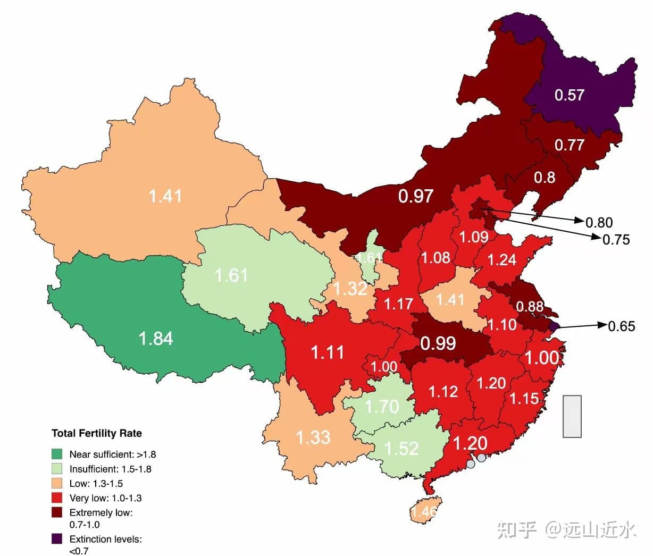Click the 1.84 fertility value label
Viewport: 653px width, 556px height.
[156, 339]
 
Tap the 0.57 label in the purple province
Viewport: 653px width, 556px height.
[570, 95]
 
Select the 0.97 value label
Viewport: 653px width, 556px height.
[416, 196]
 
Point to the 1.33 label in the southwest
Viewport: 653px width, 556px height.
[313, 437]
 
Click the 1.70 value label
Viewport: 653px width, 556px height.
[382, 407]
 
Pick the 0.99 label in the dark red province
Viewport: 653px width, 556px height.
[438, 343]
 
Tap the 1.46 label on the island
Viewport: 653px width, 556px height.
[424, 512]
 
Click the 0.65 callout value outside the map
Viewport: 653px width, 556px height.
[622, 326]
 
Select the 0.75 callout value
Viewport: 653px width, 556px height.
[616, 240]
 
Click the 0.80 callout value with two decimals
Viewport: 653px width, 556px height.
[599, 223]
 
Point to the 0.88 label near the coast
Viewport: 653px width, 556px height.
[530, 307]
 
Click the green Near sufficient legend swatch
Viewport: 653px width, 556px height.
[57, 454]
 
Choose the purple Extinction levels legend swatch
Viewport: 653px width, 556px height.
[57, 539]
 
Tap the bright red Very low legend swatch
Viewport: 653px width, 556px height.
[57, 498]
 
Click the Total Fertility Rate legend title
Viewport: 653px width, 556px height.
[97, 433]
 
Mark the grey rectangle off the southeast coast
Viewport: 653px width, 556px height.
[572, 416]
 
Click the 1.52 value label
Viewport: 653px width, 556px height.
[401, 449]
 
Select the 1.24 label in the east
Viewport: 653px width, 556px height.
[502, 259]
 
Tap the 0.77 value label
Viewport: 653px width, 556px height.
[570, 145]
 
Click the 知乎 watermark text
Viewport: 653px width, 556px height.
[517, 529]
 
